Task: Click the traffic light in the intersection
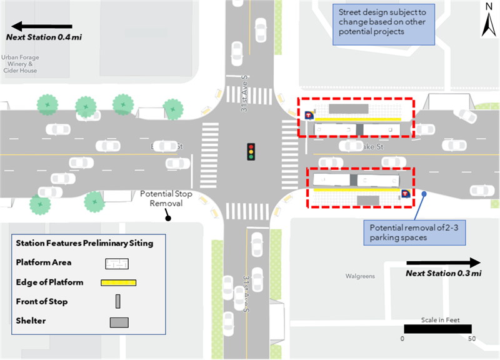[x=251, y=152]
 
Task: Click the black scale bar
[x=437, y=329]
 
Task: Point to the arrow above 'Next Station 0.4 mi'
[x=42, y=27]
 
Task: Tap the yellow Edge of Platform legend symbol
[x=118, y=282]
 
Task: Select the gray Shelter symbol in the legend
[x=119, y=322]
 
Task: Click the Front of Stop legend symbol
[x=117, y=302]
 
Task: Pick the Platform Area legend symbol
[x=118, y=263]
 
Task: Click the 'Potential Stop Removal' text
[x=161, y=198]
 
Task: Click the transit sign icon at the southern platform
[x=406, y=194]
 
